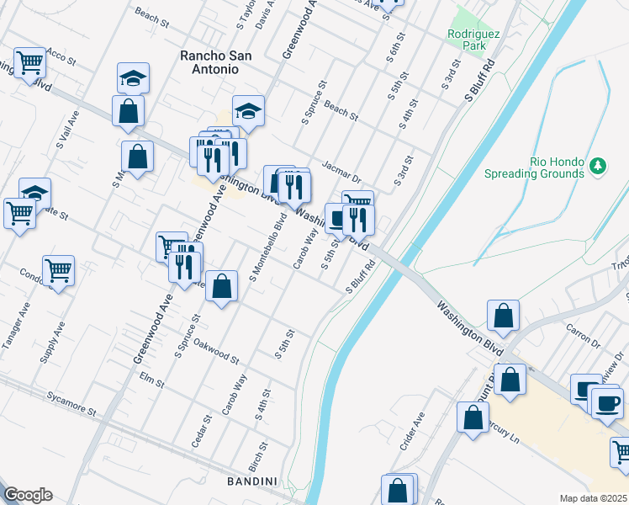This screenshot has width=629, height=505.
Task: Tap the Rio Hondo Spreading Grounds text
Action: [x=534, y=167]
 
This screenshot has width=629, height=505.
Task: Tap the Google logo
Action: [x=28, y=495]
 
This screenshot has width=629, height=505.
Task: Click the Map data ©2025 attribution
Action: [x=593, y=498]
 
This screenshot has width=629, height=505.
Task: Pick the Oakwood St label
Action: [x=216, y=349]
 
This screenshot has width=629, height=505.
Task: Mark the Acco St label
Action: [x=61, y=56]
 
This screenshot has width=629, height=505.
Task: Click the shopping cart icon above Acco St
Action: [x=30, y=62]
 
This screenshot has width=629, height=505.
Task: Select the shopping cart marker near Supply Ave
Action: [x=59, y=270]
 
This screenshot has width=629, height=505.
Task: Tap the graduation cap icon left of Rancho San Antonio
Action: [x=133, y=78]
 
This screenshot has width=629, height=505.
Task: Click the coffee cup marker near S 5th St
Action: [x=339, y=218]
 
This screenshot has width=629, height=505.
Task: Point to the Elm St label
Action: [x=151, y=380]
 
